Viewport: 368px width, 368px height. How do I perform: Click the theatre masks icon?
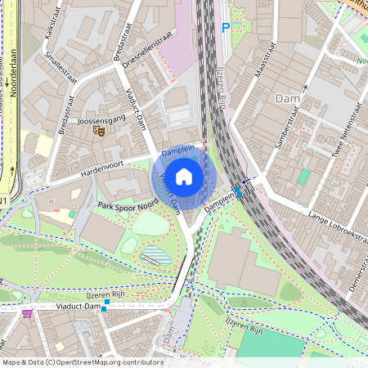tap(99, 131)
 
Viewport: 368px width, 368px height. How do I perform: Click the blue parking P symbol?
tap(226, 29)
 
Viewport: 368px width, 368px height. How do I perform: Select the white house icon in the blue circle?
tap(184, 176)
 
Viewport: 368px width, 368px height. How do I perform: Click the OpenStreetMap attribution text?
tap(82, 362)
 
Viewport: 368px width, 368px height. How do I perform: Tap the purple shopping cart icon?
tap(29, 312)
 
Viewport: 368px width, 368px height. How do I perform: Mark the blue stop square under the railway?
tap(238, 192)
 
